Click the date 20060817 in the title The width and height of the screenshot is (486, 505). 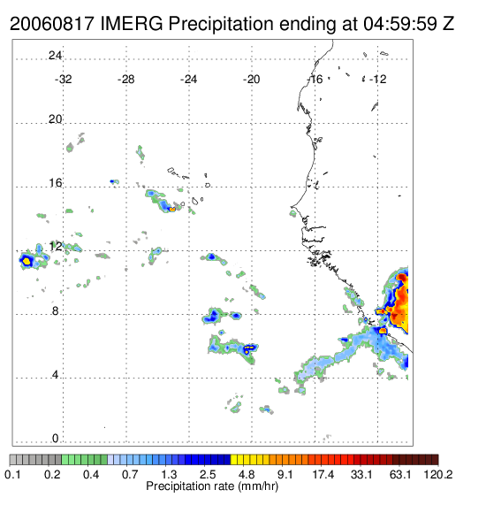point(52,24)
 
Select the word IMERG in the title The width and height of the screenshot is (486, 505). point(132,24)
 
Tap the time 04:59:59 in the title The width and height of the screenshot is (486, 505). point(400,24)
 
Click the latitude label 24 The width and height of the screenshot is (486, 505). point(55,56)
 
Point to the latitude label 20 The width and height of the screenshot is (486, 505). point(55,119)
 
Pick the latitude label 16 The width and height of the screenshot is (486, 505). point(55,183)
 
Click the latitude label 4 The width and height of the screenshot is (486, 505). point(55,375)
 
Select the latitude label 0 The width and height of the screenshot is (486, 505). point(55,439)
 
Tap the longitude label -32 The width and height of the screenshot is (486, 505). point(63,80)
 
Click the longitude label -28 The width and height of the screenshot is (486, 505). point(125,80)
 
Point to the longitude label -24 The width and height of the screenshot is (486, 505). point(188,80)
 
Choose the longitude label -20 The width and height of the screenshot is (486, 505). point(251,80)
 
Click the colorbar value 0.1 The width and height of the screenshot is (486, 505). point(12,475)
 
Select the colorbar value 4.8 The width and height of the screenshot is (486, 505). point(247,475)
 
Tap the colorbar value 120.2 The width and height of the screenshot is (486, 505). point(437,475)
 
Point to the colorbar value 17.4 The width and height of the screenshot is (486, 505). point(323,475)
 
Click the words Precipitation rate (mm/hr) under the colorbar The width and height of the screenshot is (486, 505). point(212,486)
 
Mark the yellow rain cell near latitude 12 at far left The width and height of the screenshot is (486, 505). point(27,261)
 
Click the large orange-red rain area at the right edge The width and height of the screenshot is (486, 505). point(400,302)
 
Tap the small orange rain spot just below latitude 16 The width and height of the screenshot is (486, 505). point(172,210)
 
